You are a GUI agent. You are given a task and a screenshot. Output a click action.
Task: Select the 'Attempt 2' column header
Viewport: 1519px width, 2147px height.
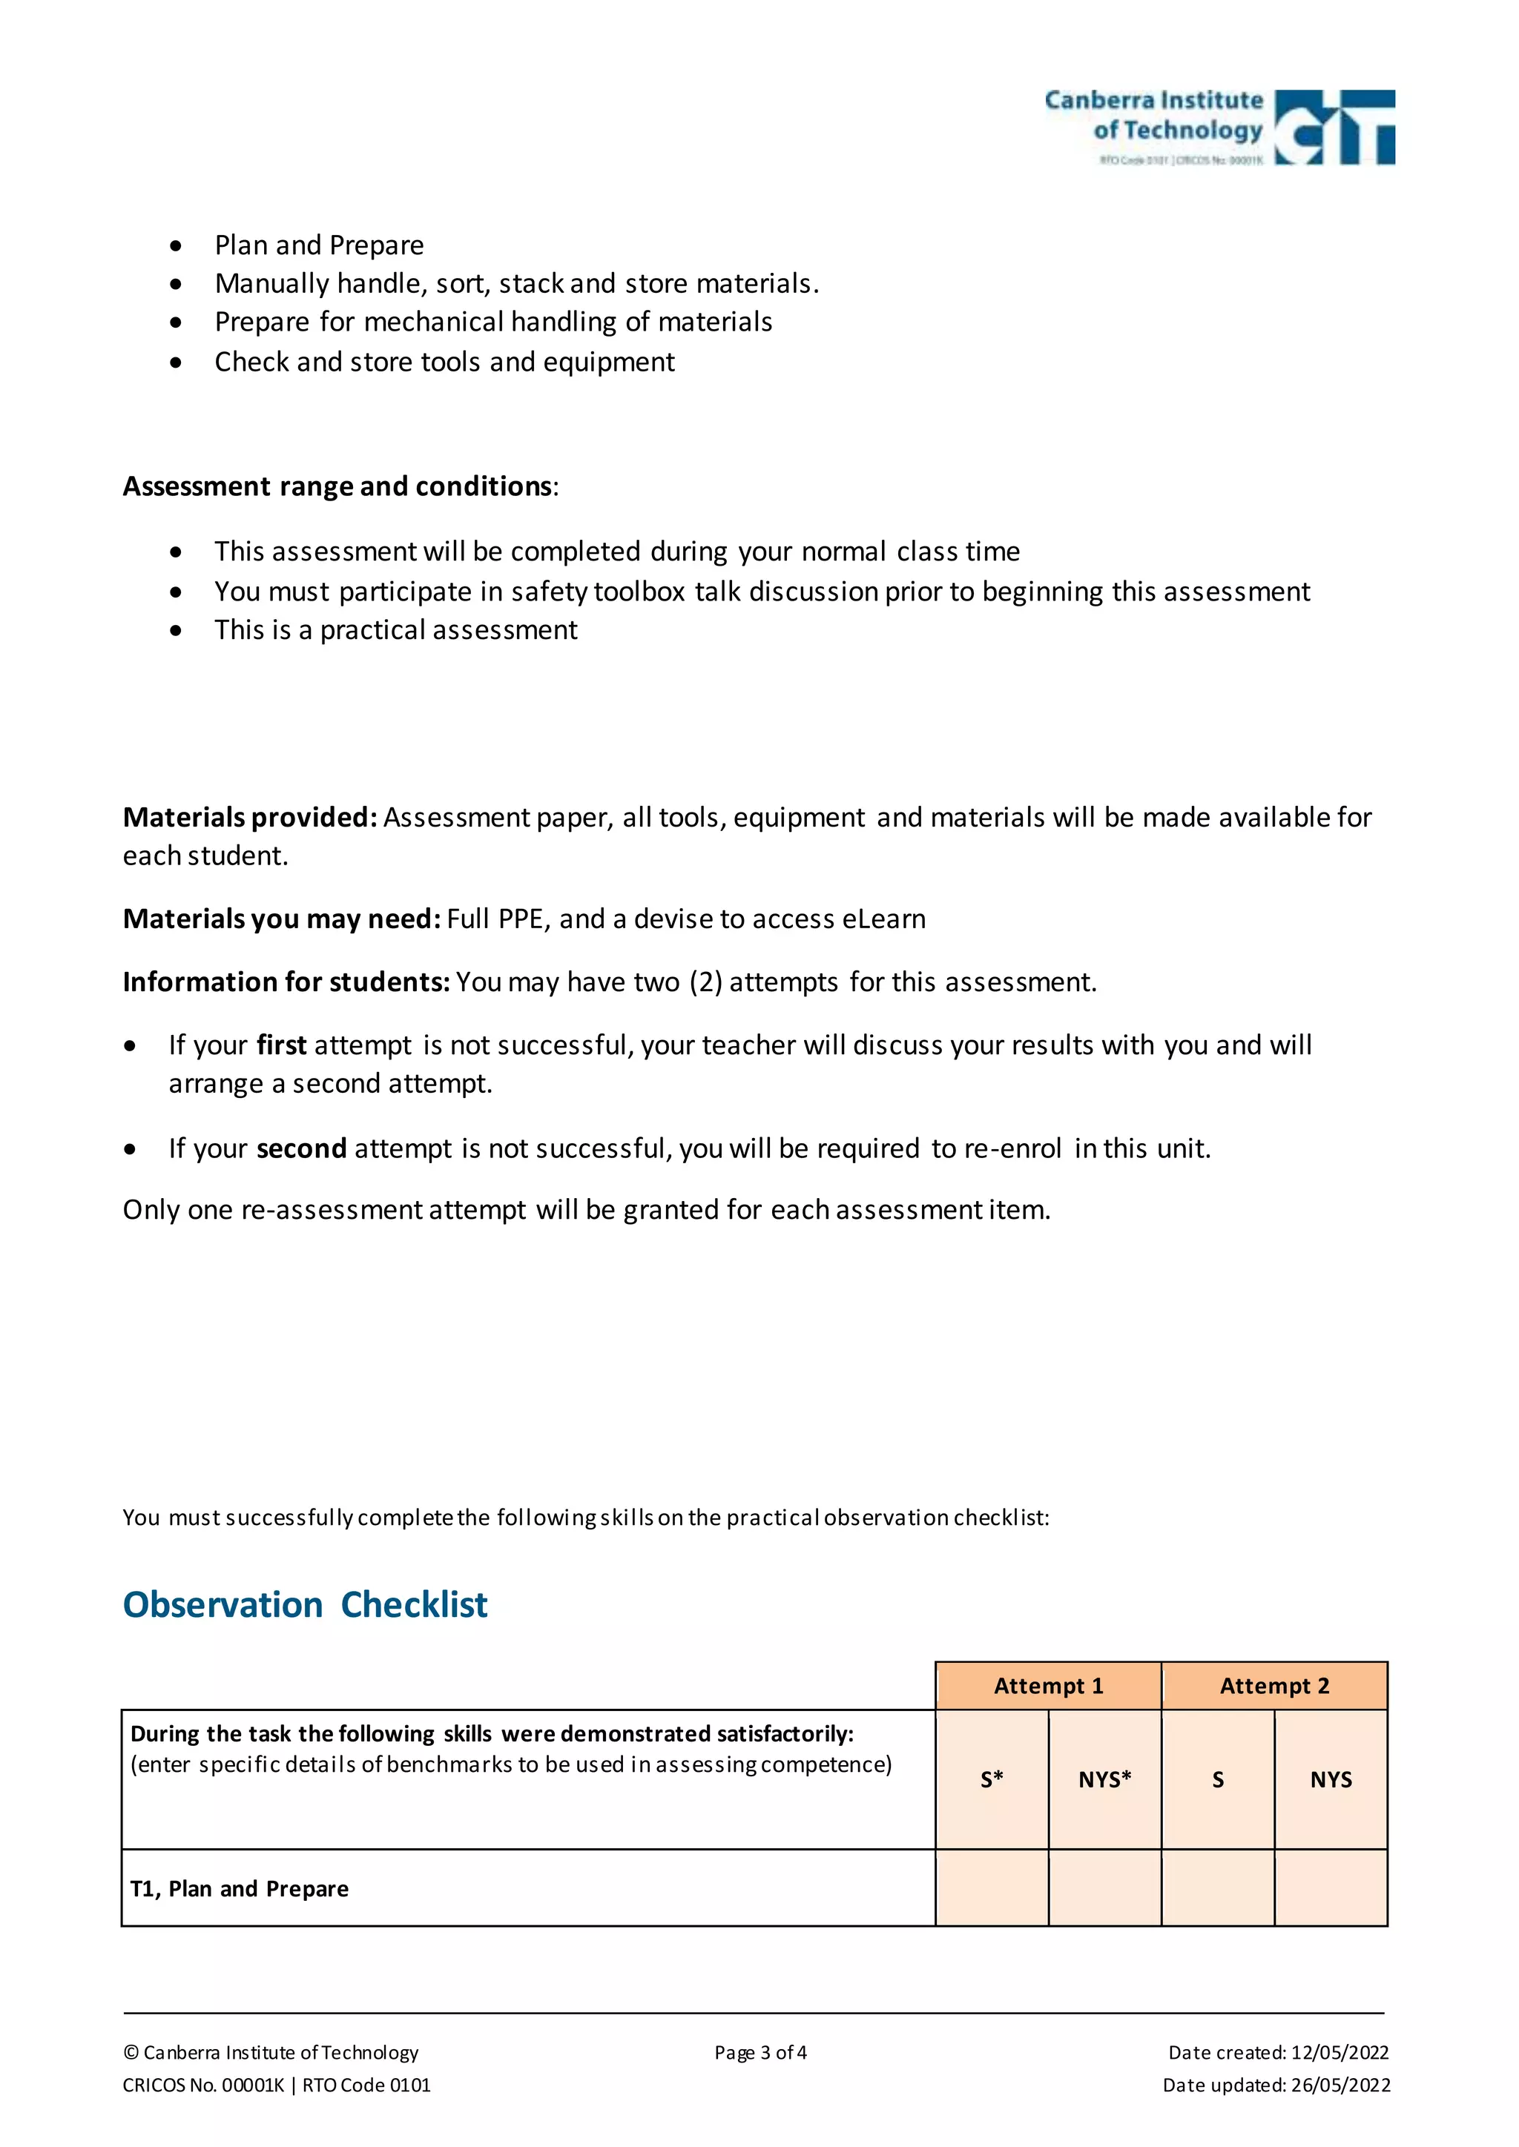tap(1274, 1686)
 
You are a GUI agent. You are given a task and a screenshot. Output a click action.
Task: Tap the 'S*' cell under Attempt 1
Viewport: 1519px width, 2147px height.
tap(992, 1779)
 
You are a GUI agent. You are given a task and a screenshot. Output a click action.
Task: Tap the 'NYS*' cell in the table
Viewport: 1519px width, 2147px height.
tap(1104, 1779)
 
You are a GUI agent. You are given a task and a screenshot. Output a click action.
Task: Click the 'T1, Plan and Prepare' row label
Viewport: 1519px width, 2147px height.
tap(240, 1889)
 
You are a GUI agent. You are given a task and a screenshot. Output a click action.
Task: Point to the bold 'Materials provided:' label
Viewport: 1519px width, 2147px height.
tap(250, 817)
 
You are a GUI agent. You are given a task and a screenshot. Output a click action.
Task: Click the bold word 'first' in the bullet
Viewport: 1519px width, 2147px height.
tap(282, 1045)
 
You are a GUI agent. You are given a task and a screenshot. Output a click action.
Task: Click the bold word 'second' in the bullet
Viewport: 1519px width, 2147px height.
tap(301, 1148)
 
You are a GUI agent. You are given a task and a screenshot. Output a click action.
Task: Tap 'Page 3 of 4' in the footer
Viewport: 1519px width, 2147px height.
tap(760, 2053)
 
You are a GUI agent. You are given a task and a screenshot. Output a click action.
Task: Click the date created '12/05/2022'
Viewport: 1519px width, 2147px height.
tap(1340, 2053)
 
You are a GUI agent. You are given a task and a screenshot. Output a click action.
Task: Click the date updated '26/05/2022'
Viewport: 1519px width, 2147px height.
tap(1340, 2085)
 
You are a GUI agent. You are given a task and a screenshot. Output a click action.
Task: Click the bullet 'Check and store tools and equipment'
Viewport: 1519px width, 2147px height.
tap(444, 362)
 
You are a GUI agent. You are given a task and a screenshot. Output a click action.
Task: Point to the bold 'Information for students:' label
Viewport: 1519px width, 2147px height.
tap(286, 982)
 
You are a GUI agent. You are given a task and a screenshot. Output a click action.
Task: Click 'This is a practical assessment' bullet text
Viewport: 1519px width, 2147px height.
tap(395, 630)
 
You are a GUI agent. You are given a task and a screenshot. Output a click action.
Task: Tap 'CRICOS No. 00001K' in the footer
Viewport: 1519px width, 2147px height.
tap(203, 2085)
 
